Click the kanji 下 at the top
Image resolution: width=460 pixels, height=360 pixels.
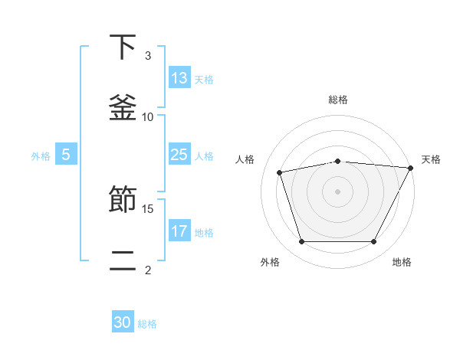click(123, 47)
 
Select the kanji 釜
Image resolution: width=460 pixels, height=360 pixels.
click(123, 106)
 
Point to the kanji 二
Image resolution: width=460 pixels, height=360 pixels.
click(123, 260)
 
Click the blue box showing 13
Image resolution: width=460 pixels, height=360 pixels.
click(179, 77)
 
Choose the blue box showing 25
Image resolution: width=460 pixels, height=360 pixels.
click(179, 155)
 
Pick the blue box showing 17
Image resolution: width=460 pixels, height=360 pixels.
click(179, 231)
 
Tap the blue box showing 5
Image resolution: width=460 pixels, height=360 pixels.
click(66, 155)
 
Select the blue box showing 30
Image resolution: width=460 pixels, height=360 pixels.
click(123, 322)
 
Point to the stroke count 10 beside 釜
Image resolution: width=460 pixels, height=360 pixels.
click(148, 116)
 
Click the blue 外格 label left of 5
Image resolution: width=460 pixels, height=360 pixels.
click(41, 156)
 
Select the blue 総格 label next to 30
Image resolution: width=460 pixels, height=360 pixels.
click(147, 324)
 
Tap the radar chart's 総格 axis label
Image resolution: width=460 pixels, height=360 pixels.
click(338, 100)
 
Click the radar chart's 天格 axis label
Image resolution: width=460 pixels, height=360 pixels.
click(431, 159)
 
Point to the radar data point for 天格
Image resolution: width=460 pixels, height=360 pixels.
click(411, 168)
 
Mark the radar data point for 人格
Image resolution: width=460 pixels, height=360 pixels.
click(280, 172)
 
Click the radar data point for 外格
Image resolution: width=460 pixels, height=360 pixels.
click(301, 242)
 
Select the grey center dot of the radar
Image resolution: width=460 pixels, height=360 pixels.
click(338, 191)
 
